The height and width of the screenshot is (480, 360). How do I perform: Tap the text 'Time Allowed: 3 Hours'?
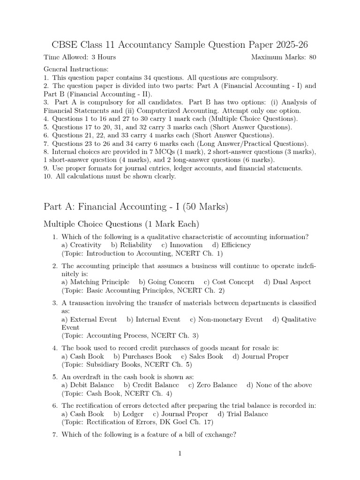80,58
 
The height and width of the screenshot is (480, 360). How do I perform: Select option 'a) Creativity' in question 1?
81,245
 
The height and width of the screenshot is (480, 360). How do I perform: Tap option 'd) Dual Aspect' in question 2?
287,282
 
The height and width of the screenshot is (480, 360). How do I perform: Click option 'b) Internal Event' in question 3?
153,319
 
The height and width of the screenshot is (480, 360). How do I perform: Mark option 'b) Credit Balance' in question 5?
151,385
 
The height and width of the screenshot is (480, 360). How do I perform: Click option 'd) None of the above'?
279,385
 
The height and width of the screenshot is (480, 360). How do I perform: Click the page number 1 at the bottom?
180,453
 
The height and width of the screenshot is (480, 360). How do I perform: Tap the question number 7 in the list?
55,435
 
